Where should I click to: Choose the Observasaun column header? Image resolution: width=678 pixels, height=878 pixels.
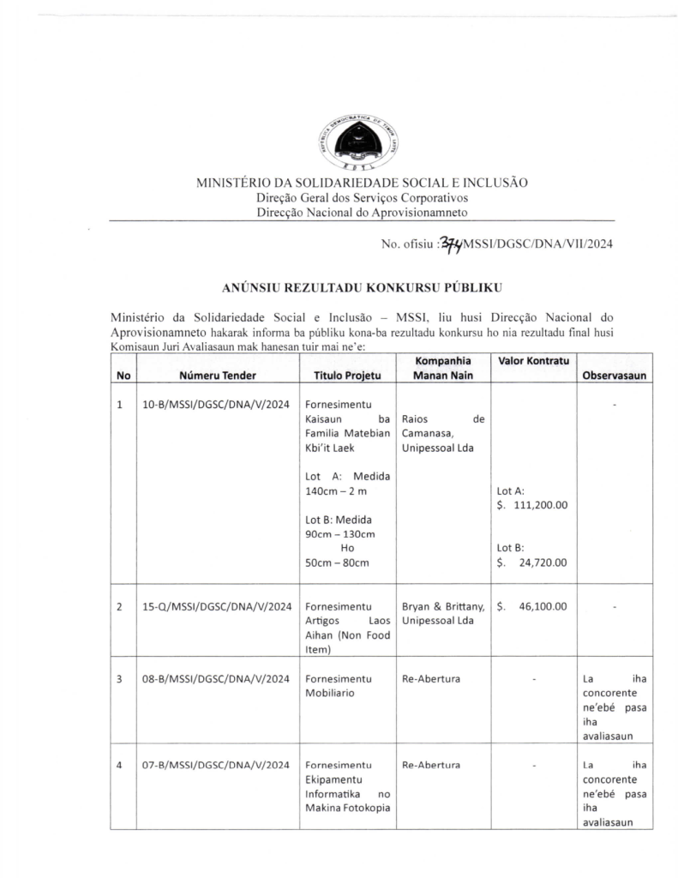coord(615,376)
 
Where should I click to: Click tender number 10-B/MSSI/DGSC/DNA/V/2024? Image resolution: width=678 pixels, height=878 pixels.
coord(216,405)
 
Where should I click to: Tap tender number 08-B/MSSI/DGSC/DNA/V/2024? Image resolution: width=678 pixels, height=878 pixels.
coord(216,679)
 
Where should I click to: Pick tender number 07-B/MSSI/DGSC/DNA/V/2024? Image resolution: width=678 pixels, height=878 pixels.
coord(216,765)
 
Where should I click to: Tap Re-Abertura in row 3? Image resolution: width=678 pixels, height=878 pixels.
coord(431,679)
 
